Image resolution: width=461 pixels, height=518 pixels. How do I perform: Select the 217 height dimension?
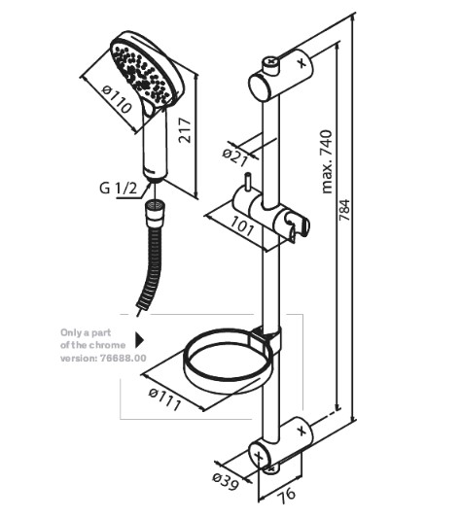tap(185, 130)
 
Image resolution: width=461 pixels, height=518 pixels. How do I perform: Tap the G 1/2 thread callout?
tap(118, 189)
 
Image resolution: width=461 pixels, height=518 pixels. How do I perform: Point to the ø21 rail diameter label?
tap(234, 157)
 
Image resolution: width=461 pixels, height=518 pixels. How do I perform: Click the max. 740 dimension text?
tap(327, 161)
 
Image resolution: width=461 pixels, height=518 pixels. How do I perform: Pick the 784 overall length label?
tap(344, 211)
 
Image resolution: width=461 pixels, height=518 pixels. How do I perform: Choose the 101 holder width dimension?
tap(242, 226)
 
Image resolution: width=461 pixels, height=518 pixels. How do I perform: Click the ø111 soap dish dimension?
tap(164, 399)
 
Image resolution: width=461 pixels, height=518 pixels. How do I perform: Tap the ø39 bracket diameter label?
tap(226, 481)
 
